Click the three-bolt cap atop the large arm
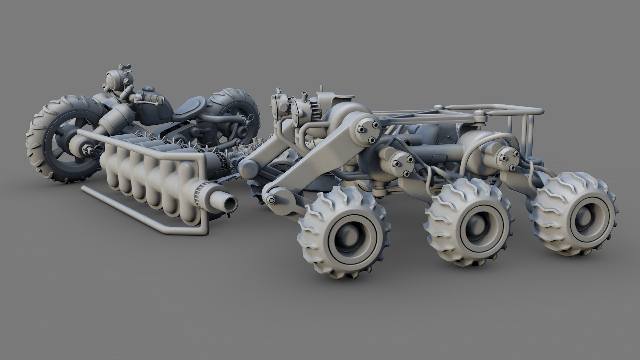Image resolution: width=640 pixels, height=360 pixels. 368,131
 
